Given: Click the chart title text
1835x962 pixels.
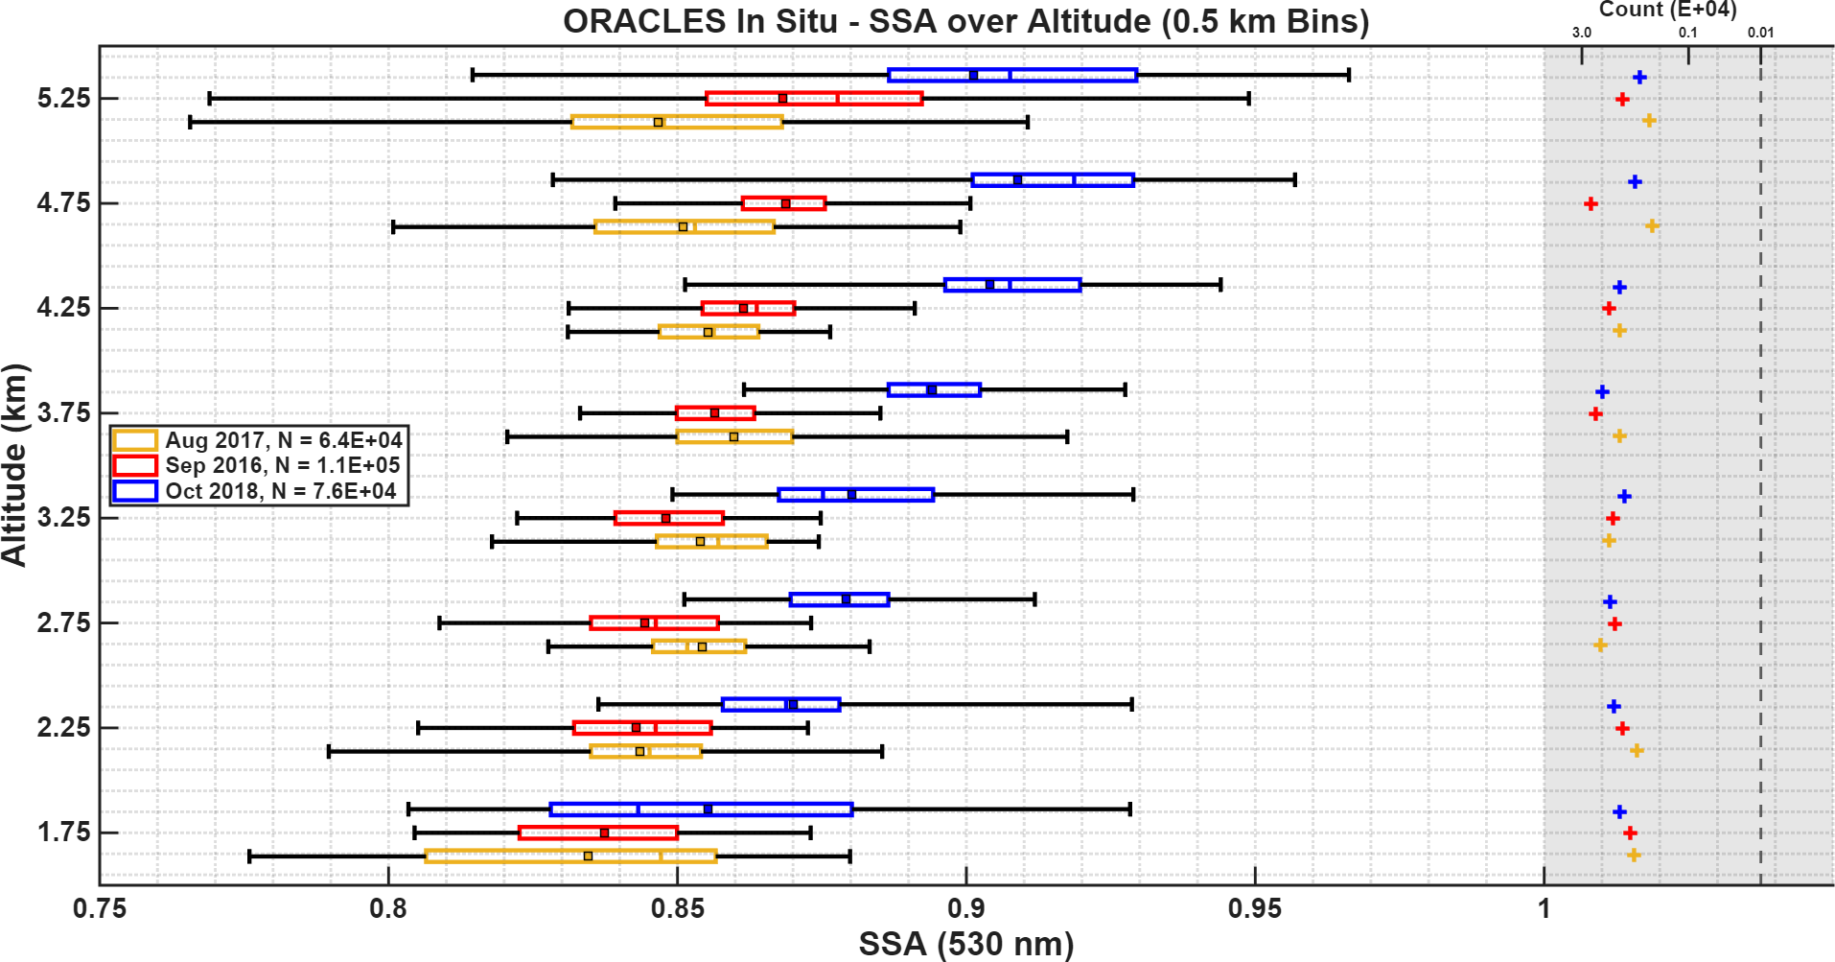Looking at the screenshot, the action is pos(965,21).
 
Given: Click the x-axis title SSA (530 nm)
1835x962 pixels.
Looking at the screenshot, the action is pos(965,944).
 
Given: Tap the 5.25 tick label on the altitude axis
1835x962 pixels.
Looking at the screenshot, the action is pos(63,99).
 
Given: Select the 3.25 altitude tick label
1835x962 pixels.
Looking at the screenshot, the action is pos(63,518).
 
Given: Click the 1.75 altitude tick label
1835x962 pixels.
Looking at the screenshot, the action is pos(63,833).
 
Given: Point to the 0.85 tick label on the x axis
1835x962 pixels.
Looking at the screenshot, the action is pos(677,908).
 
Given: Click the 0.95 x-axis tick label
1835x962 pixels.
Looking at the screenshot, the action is pos(1255,908).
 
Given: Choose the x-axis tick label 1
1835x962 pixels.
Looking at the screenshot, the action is pos(1544,908).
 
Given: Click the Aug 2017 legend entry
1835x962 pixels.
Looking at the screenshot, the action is pos(258,440).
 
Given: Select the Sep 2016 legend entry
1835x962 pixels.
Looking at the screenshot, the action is pos(258,465).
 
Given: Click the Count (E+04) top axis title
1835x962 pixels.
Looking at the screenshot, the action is pos(1667,10).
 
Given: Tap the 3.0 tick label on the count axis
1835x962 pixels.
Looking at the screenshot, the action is pos(1581,33).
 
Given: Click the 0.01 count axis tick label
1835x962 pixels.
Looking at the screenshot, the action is pos(1760,33).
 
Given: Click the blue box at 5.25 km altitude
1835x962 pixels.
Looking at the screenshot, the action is pos(1012,75).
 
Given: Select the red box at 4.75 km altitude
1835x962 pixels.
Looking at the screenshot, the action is pos(783,203).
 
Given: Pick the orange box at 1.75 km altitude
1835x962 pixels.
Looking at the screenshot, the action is pos(570,856).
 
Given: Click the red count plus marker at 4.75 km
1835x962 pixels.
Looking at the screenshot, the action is pos(1591,203).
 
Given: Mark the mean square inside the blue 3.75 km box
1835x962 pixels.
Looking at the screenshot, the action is pos(931,389).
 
